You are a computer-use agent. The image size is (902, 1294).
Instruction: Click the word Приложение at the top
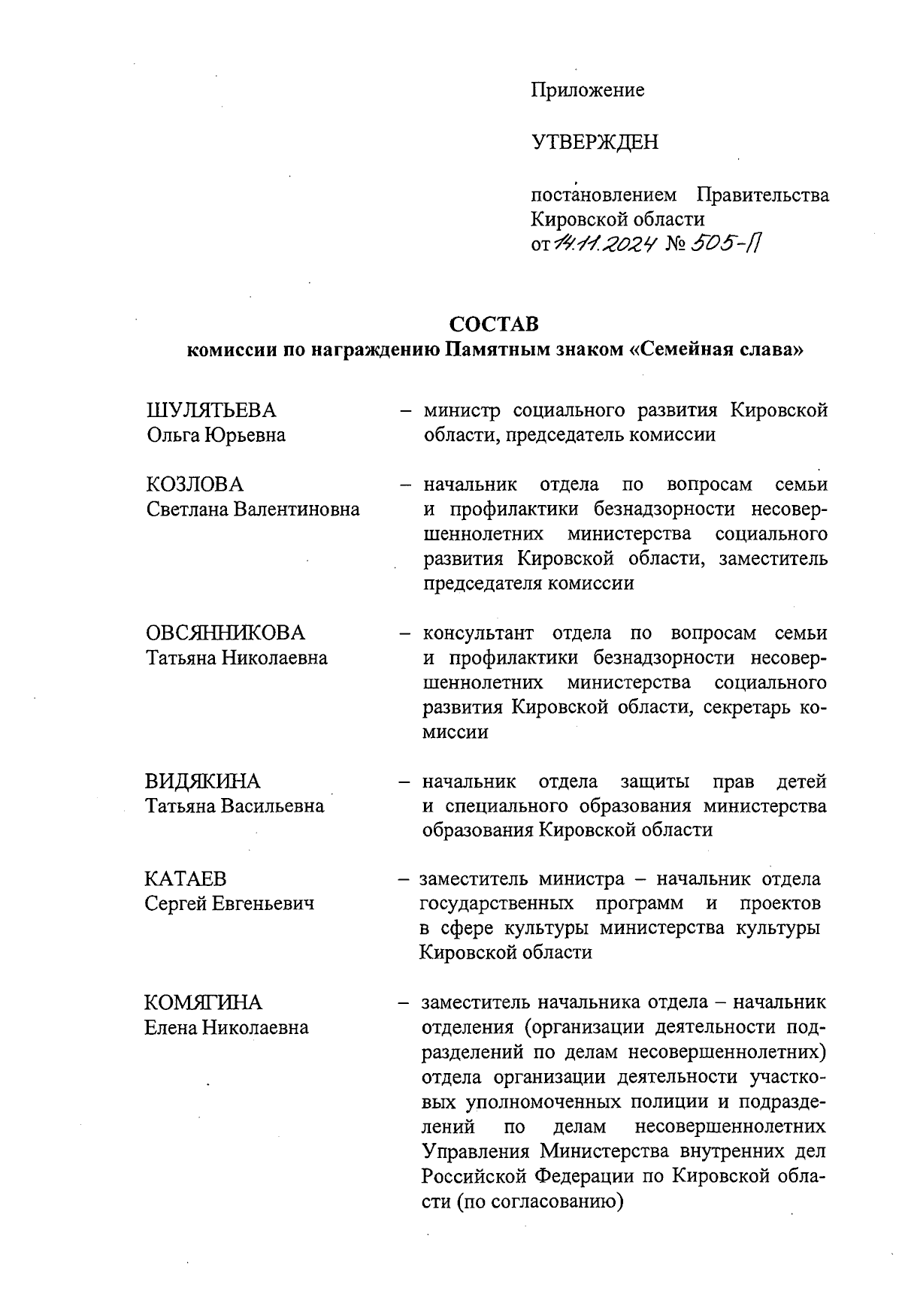(x=587, y=90)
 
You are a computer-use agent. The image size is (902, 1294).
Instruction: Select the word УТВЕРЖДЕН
(x=595, y=141)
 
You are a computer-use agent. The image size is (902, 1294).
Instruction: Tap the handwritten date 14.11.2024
(x=606, y=243)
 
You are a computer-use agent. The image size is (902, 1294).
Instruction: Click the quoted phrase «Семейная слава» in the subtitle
(x=715, y=350)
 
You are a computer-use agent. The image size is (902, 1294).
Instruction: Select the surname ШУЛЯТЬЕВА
(x=210, y=410)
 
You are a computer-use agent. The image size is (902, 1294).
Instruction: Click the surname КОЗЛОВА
(x=195, y=485)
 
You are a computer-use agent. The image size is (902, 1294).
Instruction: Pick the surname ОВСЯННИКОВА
(x=225, y=633)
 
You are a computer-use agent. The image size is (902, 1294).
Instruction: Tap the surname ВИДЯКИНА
(x=202, y=782)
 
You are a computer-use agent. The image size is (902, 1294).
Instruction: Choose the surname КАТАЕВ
(x=185, y=878)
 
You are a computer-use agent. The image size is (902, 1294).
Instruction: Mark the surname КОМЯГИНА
(x=203, y=1002)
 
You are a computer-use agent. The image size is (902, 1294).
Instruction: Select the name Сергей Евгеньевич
(x=229, y=903)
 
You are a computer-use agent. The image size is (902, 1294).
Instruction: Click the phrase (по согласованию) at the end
(x=540, y=1202)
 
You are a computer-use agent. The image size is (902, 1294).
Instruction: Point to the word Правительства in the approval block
(x=762, y=195)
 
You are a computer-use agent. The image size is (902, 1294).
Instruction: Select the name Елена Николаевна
(x=226, y=1027)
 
